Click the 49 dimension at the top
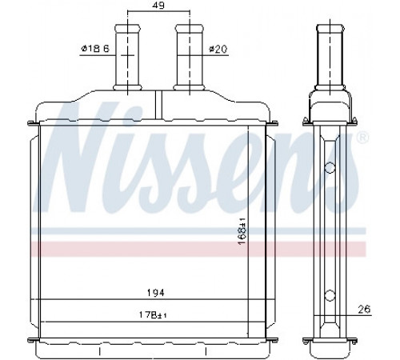coord(159,5)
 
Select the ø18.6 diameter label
coord(95,49)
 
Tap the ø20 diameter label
coord(218,49)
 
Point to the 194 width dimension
coord(156,293)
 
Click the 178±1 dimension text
coord(153,315)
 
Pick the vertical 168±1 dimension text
coord(242,232)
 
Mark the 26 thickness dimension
coord(364,310)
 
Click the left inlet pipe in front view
coord(127,58)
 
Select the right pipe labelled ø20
coord(190,58)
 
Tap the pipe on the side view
coord(330,58)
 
